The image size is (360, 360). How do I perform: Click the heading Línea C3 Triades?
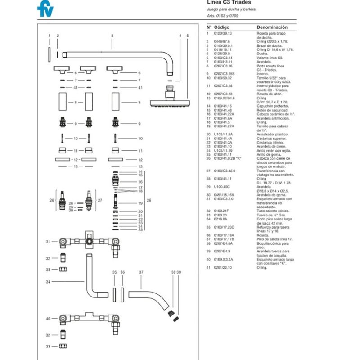(x=229, y=2)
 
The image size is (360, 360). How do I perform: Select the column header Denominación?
(x=270, y=27)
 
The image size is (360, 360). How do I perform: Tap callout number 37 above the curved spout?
(x=141, y=272)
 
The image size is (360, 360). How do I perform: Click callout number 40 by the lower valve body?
(x=48, y=318)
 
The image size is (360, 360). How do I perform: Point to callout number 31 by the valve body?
(x=48, y=242)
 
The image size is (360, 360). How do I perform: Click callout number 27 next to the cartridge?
(x=100, y=200)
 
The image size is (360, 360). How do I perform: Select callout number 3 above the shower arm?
(x=112, y=35)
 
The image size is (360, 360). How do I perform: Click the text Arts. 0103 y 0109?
(x=222, y=16)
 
